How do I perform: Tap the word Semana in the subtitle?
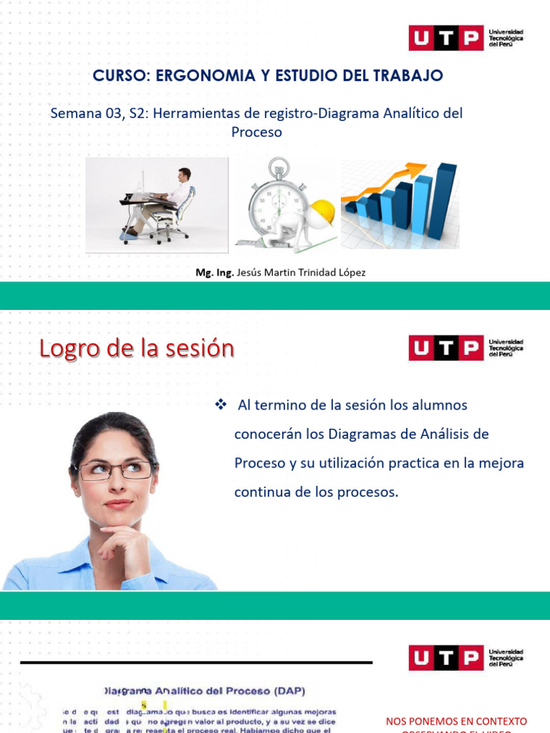72,113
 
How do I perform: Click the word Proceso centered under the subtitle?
256,132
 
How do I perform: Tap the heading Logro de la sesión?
137,348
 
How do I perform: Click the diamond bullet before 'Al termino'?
221,405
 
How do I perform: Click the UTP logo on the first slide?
445,38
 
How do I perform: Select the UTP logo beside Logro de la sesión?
445,349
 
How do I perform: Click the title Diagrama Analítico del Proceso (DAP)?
205,691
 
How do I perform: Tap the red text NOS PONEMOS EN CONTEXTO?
456,721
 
